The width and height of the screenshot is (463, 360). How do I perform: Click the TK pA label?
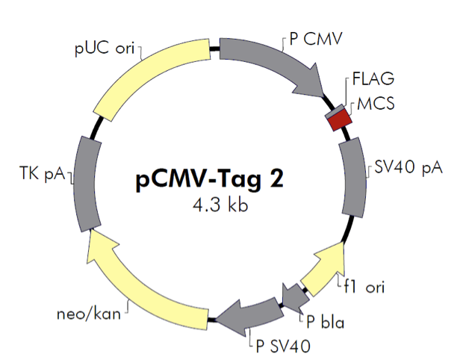(x=42, y=174)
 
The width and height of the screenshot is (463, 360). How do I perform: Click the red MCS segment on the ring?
(x=341, y=118)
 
